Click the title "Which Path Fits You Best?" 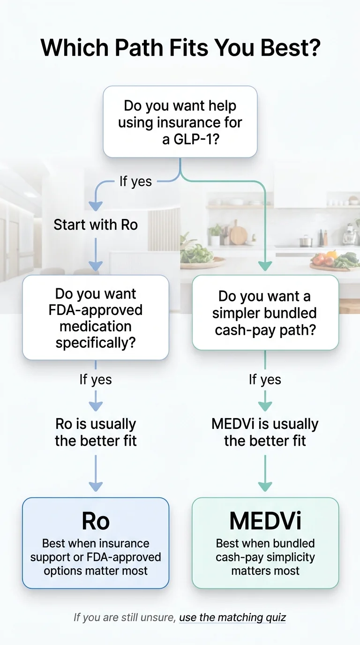pos(180,48)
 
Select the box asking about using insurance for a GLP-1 pos(180,122)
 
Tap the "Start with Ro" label pos(96,225)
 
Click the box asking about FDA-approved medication pos(96,318)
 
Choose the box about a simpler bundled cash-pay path pos(265,313)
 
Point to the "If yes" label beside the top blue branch pos(135,181)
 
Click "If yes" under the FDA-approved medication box pos(96,379)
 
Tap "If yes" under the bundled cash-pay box pos(265,379)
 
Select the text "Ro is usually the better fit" pos(96,432)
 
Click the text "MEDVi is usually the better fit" pos(265,432)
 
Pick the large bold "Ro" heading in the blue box pos(96,521)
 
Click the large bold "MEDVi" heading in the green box pos(265,521)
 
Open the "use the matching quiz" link pos(232,617)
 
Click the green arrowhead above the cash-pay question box pos(265,266)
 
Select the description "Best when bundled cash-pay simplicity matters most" pos(265,557)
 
